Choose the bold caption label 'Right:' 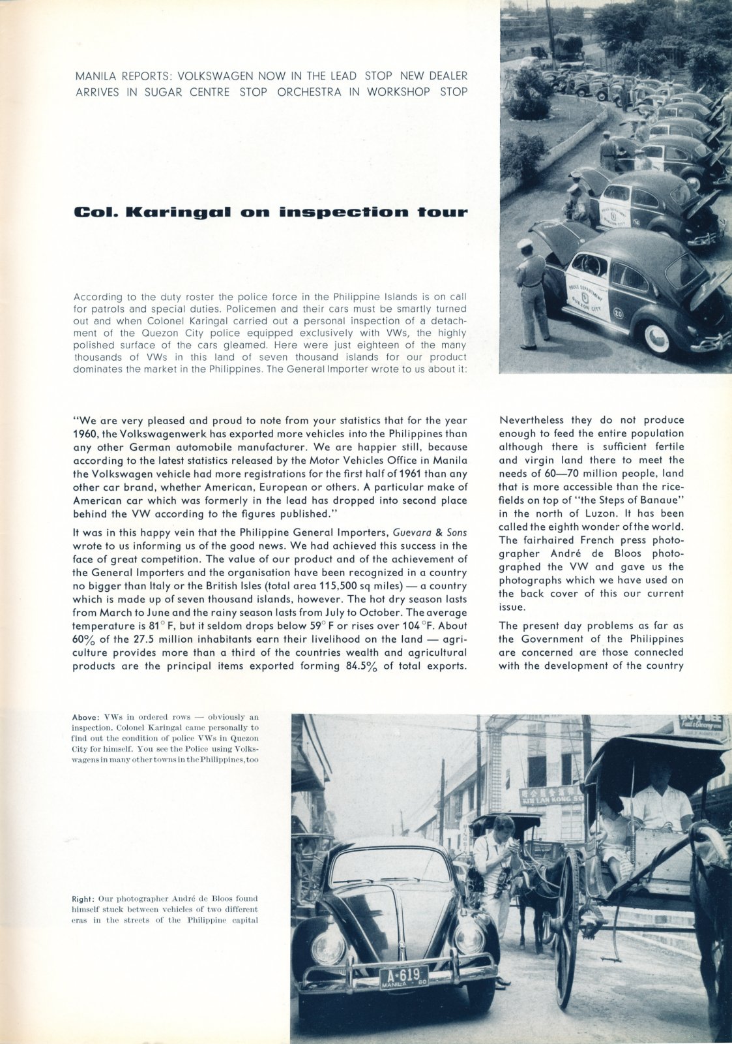[85, 899]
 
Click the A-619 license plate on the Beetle [403, 977]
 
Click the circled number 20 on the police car [618, 314]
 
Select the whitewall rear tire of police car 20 [656, 337]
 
